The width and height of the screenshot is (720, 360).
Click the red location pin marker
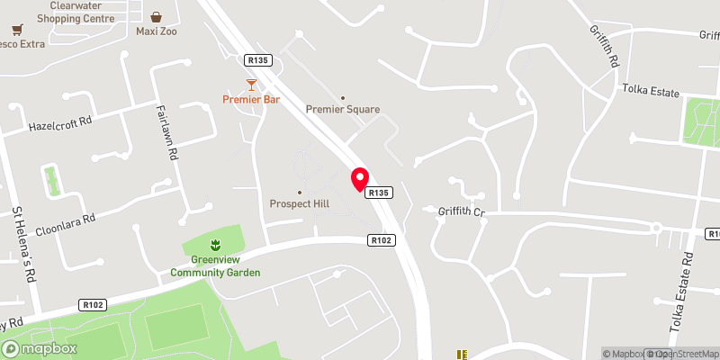360,178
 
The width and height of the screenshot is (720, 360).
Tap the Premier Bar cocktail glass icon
252,85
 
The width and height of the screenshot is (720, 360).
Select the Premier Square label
343,109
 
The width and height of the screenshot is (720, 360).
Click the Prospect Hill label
300,203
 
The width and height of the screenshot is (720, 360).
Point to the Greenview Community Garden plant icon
215,245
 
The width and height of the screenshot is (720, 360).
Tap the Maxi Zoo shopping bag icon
157,16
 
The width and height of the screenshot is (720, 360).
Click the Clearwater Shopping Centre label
76,11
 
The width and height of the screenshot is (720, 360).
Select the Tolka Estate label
651,90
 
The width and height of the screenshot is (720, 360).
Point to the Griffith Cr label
462,213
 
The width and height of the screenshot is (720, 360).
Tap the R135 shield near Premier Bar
256,59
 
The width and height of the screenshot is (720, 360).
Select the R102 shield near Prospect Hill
380,240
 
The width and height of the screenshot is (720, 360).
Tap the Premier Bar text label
252,99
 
